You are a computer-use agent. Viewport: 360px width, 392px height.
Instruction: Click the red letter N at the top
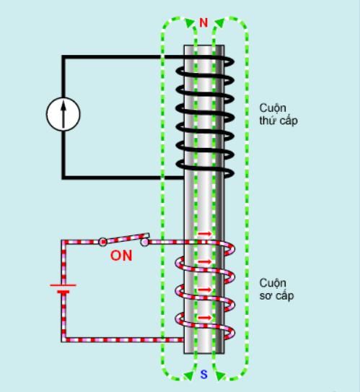coord(203,23)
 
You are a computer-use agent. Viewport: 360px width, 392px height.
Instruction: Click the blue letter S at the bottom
coord(204,375)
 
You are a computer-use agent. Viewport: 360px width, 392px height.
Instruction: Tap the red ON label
coord(121,256)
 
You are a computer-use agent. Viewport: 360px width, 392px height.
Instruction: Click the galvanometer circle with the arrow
coord(63,114)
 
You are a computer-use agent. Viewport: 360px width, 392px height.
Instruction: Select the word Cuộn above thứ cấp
coord(273,108)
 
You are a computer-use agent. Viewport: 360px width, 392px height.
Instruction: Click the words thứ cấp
coord(278,121)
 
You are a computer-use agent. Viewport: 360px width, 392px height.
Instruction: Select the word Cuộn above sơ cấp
coord(273,284)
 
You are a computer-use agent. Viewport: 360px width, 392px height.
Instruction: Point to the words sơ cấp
coord(276,296)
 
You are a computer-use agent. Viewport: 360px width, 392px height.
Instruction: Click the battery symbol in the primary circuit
coord(63,288)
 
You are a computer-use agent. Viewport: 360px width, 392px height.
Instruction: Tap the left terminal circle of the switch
coord(102,242)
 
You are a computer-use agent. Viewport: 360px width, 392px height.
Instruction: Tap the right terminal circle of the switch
coord(144,242)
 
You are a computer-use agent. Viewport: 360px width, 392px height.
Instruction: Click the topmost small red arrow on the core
coord(205,234)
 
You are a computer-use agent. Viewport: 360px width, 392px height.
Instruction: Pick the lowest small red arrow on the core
coord(205,318)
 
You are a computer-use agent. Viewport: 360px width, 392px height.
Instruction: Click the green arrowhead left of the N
coord(190,22)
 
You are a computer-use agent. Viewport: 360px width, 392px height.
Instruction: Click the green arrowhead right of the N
coord(219,22)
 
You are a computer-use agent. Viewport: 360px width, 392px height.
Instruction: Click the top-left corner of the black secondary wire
coord(63,57)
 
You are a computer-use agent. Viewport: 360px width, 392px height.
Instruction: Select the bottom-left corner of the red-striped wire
coord(63,340)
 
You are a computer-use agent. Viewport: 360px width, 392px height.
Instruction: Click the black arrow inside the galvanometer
coord(63,114)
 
